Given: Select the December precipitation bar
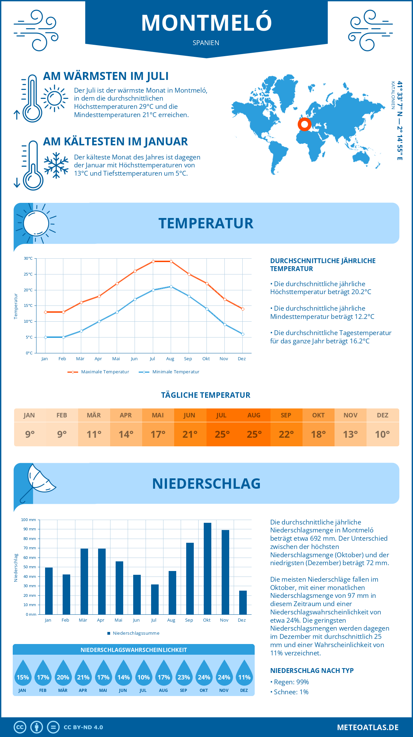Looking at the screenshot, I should tap(243, 602).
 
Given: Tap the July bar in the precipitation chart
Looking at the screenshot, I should tap(155, 599).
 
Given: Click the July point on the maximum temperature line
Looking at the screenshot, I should tap(153, 261).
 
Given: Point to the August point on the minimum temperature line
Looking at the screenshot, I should tap(171, 287).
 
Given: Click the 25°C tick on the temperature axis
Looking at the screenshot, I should tap(28, 274).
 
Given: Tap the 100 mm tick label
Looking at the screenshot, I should tap(29, 520).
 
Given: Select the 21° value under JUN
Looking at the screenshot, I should tap(190, 434).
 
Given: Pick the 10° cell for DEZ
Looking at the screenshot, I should tap(382, 434).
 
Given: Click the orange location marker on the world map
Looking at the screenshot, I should tap(304, 124).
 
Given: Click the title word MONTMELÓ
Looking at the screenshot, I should tap(206, 23).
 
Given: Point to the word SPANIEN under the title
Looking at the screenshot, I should tap(206, 43).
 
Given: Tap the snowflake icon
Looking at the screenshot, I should tap(56, 165).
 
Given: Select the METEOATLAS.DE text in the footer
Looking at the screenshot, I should tap(368, 727).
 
